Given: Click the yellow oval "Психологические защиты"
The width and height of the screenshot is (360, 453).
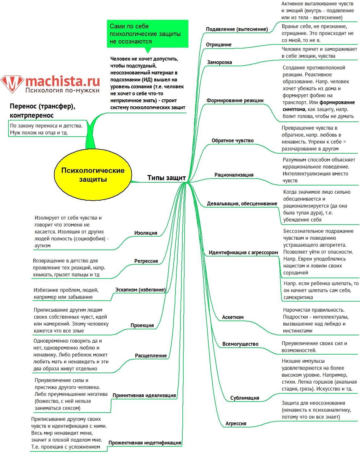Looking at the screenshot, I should click(93, 175).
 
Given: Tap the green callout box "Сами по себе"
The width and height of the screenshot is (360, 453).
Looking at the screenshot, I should click(147, 34).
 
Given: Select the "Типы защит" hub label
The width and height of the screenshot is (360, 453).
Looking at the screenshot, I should click(166, 178).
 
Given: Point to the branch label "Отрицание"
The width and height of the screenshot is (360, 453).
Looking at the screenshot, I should click(219, 45).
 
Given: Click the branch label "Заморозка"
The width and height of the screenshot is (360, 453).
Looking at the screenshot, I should click(219, 62).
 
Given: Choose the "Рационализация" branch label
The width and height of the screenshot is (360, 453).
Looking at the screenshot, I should click(234, 175).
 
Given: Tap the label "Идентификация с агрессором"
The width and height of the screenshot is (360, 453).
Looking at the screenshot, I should click(243, 253).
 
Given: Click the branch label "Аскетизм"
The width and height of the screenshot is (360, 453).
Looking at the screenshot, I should click(233, 317).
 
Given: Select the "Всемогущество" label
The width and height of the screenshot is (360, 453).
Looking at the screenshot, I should click(240, 344).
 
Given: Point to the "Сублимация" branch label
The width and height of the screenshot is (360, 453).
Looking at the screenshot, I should click(245, 398).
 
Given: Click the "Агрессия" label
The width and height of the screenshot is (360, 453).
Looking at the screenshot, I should click(236, 424).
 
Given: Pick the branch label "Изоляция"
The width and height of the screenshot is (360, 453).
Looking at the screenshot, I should click(146, 233).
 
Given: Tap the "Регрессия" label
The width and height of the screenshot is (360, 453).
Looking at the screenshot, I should click(146, 261).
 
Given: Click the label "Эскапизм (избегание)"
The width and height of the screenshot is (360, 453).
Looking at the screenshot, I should click(140, 290).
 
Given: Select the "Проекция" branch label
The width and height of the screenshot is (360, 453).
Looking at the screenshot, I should click(142, 326).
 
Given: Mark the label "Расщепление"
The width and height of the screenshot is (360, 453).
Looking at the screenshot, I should click(151, 356).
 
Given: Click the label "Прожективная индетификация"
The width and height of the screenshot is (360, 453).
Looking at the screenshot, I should click(145, 443).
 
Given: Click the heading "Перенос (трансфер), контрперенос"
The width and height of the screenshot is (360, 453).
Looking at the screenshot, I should click(43, 111).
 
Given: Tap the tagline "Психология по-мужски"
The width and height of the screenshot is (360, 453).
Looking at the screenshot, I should click(62, 91).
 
